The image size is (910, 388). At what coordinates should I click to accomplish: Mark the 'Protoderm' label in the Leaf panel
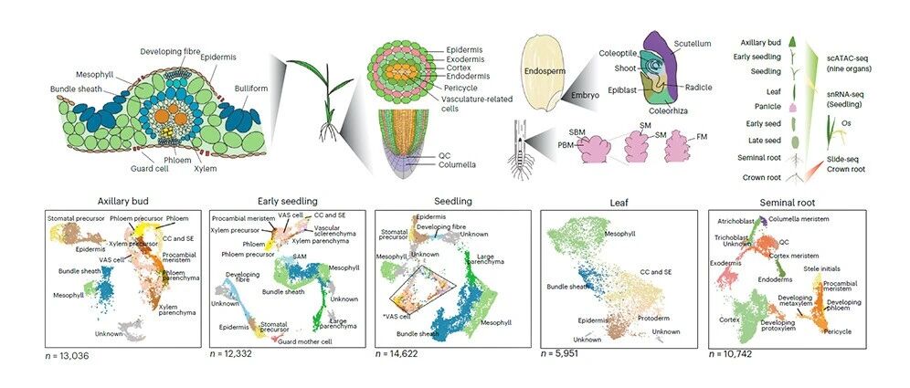[x=661, y=318]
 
